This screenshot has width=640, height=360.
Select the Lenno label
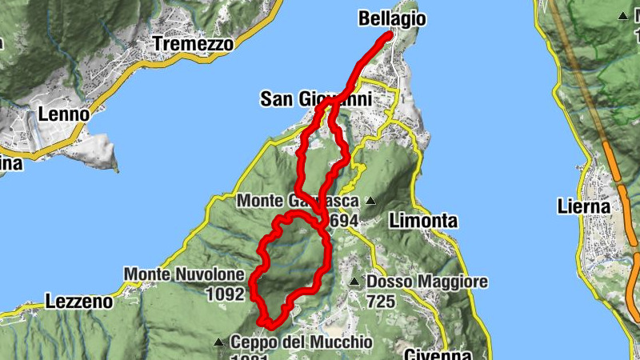click(63, 114)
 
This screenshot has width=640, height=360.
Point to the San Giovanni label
click(316, 99)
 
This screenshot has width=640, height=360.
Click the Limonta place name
click(423, 220)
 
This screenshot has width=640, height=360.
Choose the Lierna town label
click(583, 207)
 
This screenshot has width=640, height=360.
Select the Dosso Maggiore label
click(427, 282)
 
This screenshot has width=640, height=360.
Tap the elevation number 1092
click(224, 294)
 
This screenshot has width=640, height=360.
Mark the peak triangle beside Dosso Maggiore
click(354, 282)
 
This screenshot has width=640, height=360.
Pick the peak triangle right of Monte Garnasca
click(370, 201)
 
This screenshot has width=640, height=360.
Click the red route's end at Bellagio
click(389, 35)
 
